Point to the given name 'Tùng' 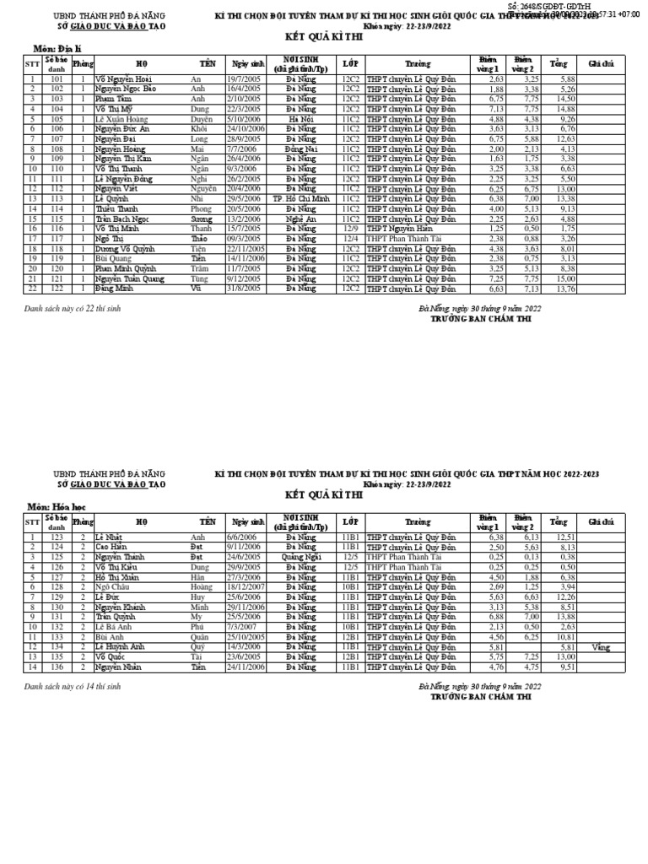tap(199, 278)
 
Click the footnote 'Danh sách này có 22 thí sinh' tap(73, 309)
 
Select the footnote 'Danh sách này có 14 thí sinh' tap(73, 687)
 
